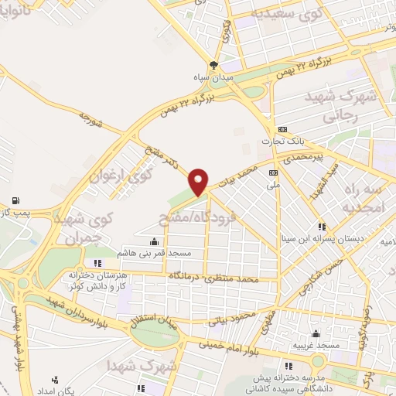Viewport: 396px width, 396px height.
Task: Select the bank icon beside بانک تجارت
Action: (x=283, y=129)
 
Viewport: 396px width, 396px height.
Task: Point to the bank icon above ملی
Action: (x=272, y=172)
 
